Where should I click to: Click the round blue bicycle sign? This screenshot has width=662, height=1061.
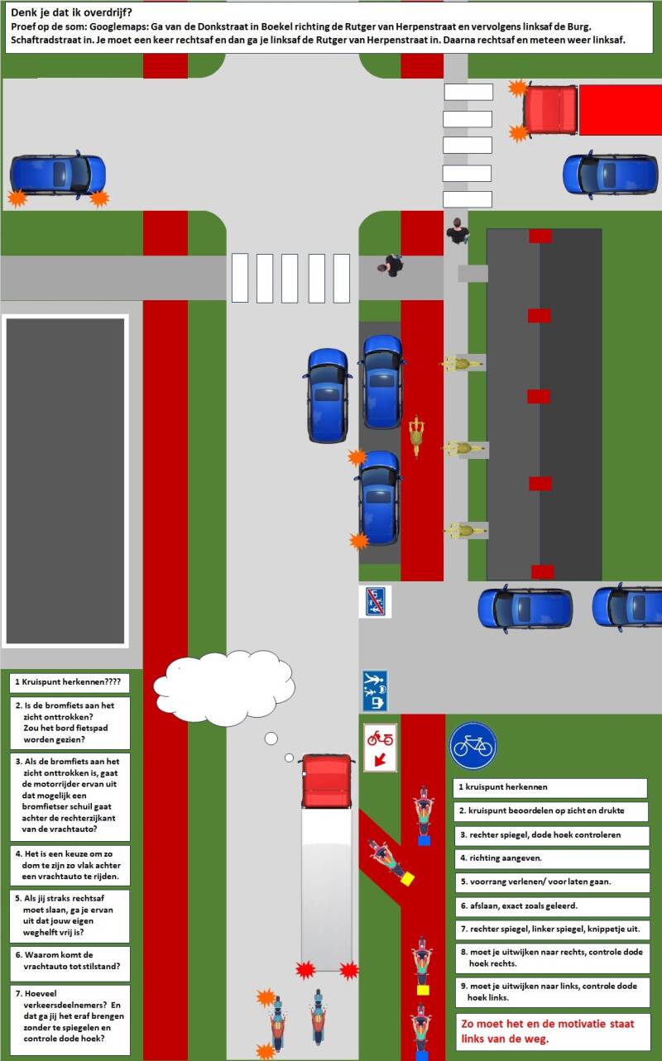pos(473,746)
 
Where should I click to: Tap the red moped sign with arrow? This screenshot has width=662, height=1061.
pos(381,747)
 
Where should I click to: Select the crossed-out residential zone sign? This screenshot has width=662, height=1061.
pos(374,602)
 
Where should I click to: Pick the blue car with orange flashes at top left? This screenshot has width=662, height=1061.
pos(58,175)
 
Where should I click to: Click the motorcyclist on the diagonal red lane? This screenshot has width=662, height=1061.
pos(386,860)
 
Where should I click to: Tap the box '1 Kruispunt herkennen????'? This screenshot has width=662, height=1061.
pos(70,683)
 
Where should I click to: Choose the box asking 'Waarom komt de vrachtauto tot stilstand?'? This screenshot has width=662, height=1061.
pos(70,959)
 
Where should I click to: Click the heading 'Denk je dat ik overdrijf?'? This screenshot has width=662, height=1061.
pos(71,12)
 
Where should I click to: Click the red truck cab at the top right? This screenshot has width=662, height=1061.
pos(549,109)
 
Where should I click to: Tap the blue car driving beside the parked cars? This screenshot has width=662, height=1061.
pos(329,394)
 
